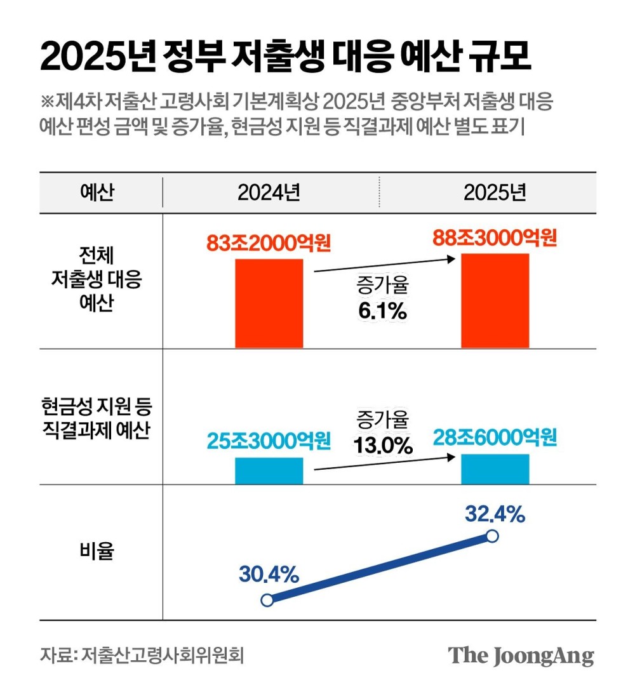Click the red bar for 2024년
269,303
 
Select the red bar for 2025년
495,300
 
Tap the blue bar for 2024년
269,470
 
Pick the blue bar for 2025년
495,469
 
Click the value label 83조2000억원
269,243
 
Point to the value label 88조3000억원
495,238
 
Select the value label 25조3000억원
269,440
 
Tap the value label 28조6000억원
495,437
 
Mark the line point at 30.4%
267,599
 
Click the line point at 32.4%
491,536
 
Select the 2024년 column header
269,192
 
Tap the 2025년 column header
495,192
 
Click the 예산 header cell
97,192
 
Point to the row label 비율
97,552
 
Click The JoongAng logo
521,655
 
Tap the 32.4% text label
495,514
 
